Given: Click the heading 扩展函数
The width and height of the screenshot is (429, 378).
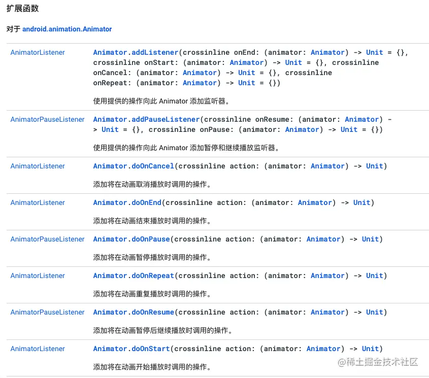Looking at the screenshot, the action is pos(22,9).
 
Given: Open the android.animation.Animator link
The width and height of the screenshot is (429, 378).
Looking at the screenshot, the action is pos(67,29).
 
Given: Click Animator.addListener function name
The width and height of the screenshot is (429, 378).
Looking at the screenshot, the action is pos(136,52).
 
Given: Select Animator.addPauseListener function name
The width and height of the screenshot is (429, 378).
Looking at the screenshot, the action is pos(146,119).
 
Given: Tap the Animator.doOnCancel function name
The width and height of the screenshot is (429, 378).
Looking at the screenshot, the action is pos(134,166).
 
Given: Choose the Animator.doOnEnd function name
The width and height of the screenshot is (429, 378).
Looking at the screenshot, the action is pos(127,202).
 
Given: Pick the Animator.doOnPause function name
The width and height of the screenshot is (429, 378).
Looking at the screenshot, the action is pos(131,239).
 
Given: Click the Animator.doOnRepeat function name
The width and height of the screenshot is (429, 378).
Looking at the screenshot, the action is pos(134,276).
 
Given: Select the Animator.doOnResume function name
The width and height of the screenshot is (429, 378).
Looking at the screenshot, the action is pos(134,312).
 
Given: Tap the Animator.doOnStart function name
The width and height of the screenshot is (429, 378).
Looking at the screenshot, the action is pos(131,349).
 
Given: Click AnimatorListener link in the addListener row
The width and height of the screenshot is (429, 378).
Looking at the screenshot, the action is pos(38,52).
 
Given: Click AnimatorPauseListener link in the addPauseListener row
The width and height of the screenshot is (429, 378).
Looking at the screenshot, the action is pos(47,119).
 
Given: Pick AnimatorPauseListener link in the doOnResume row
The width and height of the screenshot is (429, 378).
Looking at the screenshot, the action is pos(47,312).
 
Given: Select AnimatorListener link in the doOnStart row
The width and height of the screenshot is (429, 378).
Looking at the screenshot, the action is pos(38,349).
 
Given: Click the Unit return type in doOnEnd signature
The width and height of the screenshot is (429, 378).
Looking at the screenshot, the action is pos(361,202).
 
